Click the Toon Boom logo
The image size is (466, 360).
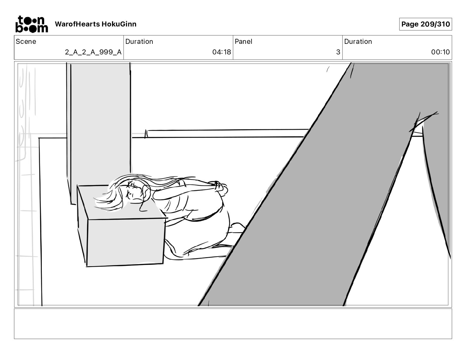pyautogui.click(x=31, y=24)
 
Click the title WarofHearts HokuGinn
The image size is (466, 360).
pyautogui.click(x=96, y=24)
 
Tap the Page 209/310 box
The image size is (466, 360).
pyautogui.click(x=425, y=24)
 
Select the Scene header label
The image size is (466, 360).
pyautogui.click(x=26, y=41)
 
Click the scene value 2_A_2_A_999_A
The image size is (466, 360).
pyautogui.click(x=93, y=52)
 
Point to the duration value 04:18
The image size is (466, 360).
pyautogui.click(x=222, y=52)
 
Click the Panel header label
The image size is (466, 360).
pyautogui.click(x=243, y=41)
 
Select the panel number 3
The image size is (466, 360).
pyautogui.click(x=338, y=52)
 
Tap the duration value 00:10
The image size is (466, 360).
pyautogui.click(x=440, y=52)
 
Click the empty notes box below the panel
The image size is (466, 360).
pyautogui.click(x=233, y=324)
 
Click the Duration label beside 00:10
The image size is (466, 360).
pyautogui.click(x=358, y=41)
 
